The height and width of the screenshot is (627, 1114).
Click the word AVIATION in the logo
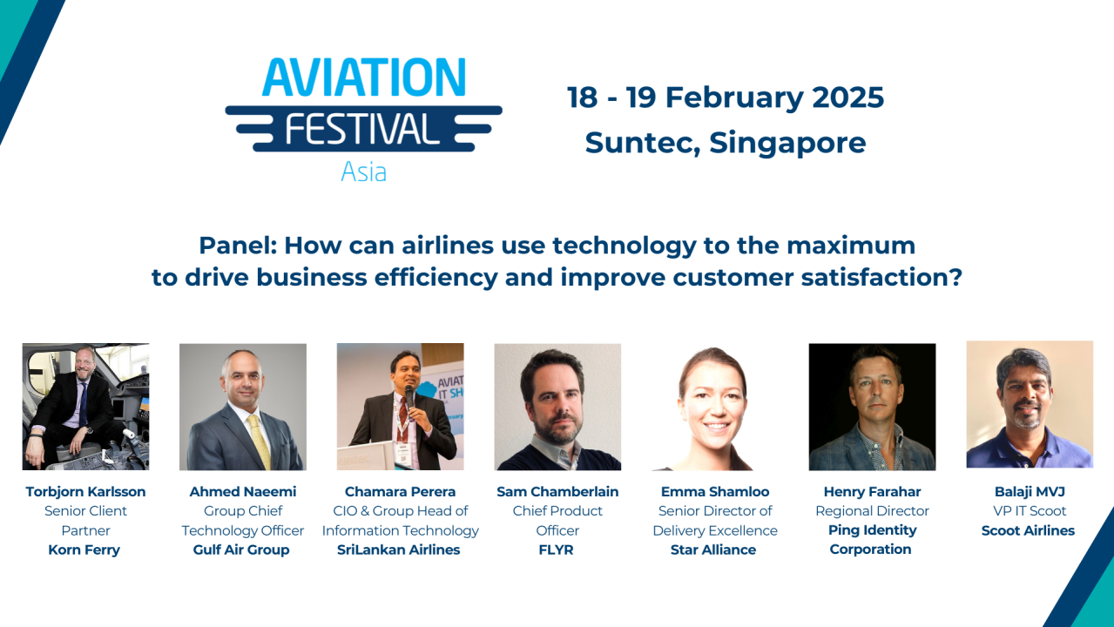coord(364,78)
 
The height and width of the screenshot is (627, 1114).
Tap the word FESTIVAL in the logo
coord(363,130)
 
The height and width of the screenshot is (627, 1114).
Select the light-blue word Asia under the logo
coord(364,172)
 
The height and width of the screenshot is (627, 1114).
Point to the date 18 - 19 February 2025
coord(726,97)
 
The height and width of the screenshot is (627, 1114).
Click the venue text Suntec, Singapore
coord(726,142)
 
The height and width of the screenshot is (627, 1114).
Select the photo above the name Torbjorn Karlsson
coord(85,407)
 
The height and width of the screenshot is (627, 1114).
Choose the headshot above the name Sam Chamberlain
coord(557,407)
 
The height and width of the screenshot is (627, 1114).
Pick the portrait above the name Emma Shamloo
coord(715,407)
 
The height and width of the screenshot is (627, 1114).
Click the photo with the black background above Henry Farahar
coord(872,407)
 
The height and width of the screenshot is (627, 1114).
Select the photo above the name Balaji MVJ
coord(1030,404)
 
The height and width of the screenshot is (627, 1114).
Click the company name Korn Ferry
coord(84,549)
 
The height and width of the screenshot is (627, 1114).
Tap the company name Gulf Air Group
coord(241,549)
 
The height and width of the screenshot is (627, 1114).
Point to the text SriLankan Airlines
coord(399,549)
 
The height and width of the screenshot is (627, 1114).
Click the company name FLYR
coord(557,549)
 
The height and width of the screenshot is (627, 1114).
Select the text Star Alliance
coord(714,549)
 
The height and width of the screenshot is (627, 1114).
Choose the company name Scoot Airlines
coord(1029,530)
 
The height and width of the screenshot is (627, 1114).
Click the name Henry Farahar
coord(872,492)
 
